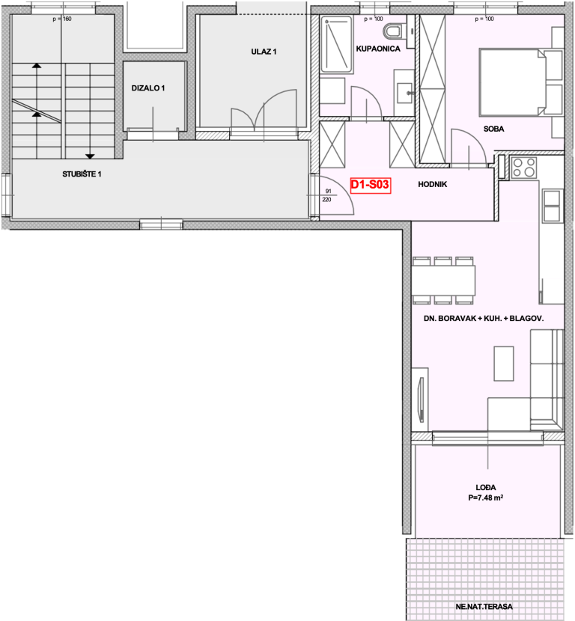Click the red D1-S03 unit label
click(371, 185)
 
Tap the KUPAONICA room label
click(378, 49)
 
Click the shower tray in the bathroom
click(336, 44)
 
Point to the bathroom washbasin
click(404, 93)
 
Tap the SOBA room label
click(493, 129)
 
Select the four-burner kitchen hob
click(523, 167)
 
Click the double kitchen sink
click(553, 205)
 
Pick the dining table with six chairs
click(443, 281)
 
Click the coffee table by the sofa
click(504, 364)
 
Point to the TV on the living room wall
click(422, 400)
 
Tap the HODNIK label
click(432, 184)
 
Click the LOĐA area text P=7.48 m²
click(485, 498)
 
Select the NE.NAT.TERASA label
click(484, 606)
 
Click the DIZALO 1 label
click(147, 88)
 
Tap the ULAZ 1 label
click(264, 52)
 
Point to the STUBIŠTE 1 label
click(82, 174)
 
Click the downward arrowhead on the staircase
click(90, 156)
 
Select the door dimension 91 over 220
click(327, 195)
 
